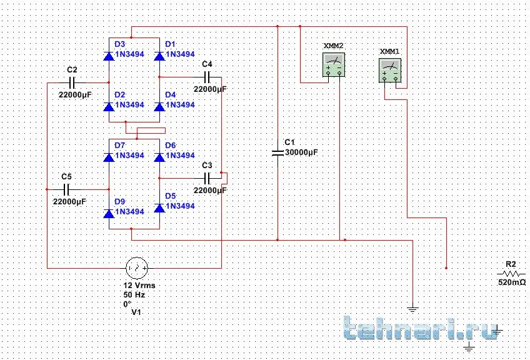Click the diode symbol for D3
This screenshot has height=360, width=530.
point(109,56)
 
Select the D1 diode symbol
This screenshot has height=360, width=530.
point(159,56)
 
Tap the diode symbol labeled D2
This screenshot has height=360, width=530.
point(109,107)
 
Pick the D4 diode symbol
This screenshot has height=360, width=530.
point(159,107)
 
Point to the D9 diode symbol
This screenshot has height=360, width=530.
point(109,214)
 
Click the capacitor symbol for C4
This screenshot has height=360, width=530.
point(209,77)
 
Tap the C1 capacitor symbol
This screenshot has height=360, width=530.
point(277,152)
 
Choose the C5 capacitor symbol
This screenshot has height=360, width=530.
point(67,189)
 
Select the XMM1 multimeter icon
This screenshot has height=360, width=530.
point(391,70)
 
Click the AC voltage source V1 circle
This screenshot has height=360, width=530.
point(137,268)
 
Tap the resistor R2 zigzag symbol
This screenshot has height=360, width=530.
point(512,274)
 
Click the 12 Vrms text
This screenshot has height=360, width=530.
point(139,285)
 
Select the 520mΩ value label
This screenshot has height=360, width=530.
point(512,283)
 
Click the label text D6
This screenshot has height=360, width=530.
point(170,145)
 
